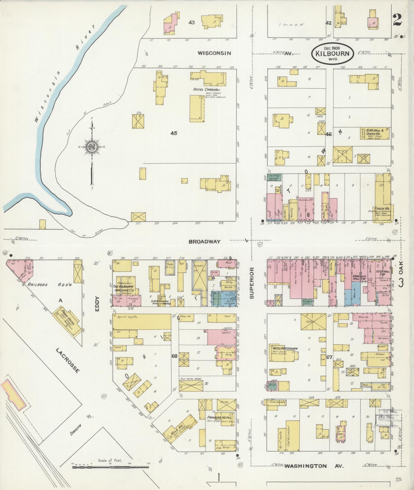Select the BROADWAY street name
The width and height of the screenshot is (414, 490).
pos(205,242)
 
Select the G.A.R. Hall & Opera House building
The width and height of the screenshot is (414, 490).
pos(374,133)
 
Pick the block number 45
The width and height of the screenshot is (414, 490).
pos(174,133)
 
